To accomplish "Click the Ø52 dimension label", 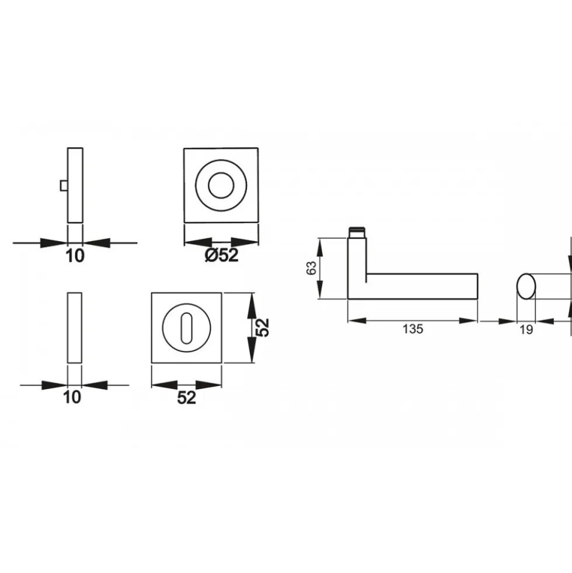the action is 222,255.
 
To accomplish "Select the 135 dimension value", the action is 413,329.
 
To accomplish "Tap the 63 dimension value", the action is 312,268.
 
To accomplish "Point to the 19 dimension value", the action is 526,330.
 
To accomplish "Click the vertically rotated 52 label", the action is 263,328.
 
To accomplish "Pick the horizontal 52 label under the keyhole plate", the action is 187,398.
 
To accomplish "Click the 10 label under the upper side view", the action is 75,256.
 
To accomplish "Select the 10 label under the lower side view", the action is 72,397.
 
